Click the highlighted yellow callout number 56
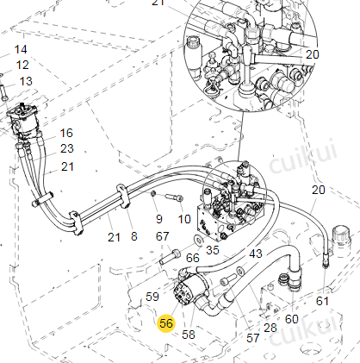click(x=166, y=323)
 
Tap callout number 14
click(x=21, y=49)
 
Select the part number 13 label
click(x=26, y=81)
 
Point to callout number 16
click(x=66, y=133)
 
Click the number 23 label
click(x=67, y=148)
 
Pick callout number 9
click(x=159, y=219)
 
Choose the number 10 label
click(x=184, y=219)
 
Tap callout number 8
click(x=134, y=236)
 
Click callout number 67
click(x=162, y=236)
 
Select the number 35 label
click(x=213, y=250)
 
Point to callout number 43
click(x=256, y=253)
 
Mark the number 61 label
click(x=322, y=301)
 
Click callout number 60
click(x=292, y=319)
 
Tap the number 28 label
click(x=270, y=328)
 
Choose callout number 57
click(x=253, y=338)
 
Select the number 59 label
click(x=152, y=297)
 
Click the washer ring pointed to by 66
click(x=198, y=240)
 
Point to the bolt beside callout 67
click(x=170, y=257)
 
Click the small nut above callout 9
click(x=153, y=194)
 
